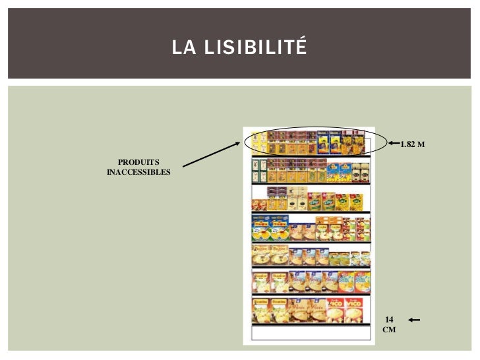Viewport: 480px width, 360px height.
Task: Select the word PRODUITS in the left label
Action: point(138,162)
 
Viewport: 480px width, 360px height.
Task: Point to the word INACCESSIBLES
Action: point(138,173)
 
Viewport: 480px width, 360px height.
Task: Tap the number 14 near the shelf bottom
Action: point(389,319)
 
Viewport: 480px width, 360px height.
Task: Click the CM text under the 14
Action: point(389,330)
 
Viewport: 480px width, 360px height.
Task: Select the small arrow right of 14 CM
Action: point(413,320)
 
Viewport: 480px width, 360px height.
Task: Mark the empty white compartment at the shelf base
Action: point(308,333)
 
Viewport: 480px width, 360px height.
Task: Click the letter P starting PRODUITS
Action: point(121,162)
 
